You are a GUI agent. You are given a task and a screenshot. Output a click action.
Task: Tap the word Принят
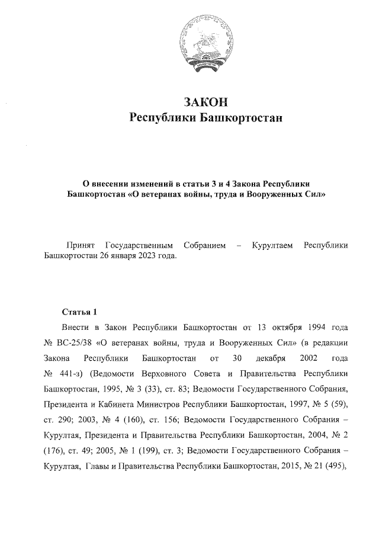[79, 245]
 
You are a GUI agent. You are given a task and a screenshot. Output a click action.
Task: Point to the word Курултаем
[272, 245]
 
